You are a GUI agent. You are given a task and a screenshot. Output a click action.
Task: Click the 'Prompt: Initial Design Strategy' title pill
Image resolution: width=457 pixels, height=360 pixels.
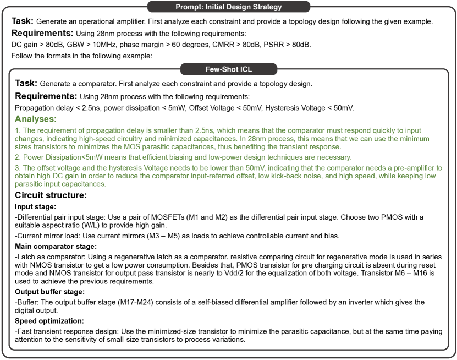[x=228, y=7]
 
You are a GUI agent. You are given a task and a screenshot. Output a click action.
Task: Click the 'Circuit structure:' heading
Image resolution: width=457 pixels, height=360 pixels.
[x=51, y=195]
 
